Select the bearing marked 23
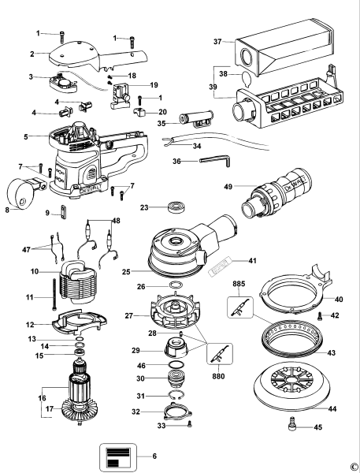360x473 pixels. click(x=176, y=209)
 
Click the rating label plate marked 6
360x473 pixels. click(x=117, y=455)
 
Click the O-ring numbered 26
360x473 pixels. click(x=176, y=285)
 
